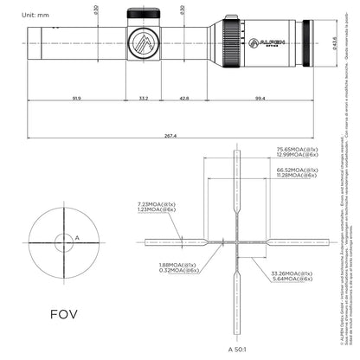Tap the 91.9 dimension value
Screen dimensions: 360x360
pos(76,100)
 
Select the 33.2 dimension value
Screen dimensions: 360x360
pos(143,100)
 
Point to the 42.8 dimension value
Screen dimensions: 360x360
pos(184,100)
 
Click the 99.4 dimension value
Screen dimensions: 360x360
pos(260,100)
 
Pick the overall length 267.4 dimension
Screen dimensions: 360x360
pos(170,135)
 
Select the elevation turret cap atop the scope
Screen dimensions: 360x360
pos(143,13)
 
